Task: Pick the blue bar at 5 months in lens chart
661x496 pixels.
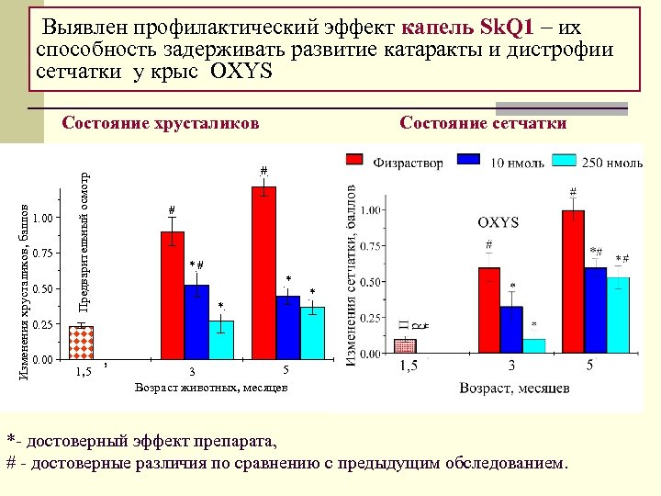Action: (x=288, y=327)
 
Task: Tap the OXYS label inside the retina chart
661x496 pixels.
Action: (x=498, y=222)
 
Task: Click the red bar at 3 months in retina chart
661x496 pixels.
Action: (x=488, y=310)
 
